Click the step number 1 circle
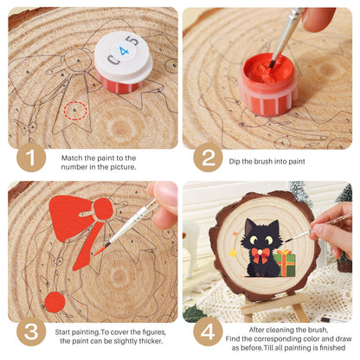31,157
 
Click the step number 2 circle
208,157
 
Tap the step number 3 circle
31,331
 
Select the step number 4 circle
208,331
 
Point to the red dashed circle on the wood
75,111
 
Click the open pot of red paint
268,85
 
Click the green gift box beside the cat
285,263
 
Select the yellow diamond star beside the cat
233,254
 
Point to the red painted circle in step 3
55,302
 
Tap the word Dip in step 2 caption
235,162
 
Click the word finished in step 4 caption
331,348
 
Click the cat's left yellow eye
254,239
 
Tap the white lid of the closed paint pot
124,55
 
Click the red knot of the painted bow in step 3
103,209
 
